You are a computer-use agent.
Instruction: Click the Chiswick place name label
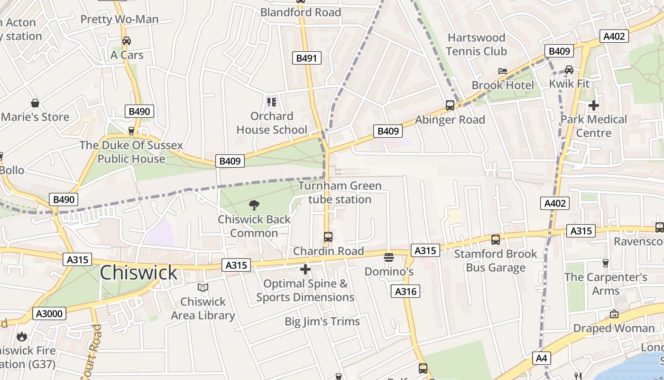tap(138, 273)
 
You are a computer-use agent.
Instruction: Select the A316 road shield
tap(406, 291)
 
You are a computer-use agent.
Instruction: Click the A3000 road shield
tap(49, 313)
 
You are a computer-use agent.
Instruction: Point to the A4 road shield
tap(541, 358)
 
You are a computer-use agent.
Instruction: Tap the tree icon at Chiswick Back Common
tap(254, 205)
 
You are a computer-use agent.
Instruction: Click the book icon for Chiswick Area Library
tap(203, 288)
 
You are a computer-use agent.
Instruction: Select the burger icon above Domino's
tap(389, 257)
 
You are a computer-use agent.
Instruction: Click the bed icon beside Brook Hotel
tap(503, 71)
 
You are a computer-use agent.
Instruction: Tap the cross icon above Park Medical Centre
tap(593, 105)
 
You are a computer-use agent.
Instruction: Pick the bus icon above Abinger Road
tap(450, 105)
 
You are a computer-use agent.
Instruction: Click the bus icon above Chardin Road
tap(328, 237)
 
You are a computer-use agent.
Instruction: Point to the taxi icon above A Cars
tap(127, 41)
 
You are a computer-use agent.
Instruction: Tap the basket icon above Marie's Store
tap(35, 103)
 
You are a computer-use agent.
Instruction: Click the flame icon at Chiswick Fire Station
tap(21, 337)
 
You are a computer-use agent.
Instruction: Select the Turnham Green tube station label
tap(340, 192)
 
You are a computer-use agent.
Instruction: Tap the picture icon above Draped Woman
tap(614, 314)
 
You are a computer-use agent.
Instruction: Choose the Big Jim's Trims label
tap(322, 322)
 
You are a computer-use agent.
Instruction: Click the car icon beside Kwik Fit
tap(569, 70)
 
